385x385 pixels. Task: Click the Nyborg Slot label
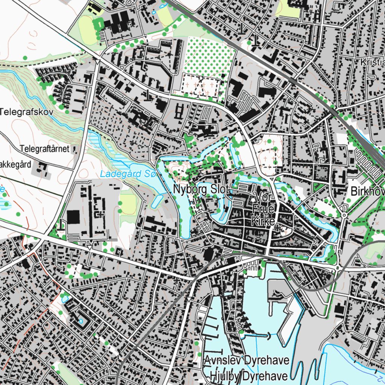(x=201, y=190)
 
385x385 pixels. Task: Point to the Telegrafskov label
(x=27, y=112)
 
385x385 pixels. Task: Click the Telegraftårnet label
(x=45, y=149)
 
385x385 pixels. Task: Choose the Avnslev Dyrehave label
(x=247, y=360)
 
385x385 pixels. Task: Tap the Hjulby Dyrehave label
(x=249, y=376)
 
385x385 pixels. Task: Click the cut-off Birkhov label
(x=367, y=191)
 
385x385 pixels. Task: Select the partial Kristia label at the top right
(x=372, y=62)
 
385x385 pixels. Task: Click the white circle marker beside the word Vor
(x=253, y=199)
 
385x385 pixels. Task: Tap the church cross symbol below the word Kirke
(x=277, y=227)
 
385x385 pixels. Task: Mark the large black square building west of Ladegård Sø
(x=73, y=217)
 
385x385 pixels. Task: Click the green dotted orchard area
(x=207, y=56)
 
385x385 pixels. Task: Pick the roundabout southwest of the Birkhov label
(x=344, y=215)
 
